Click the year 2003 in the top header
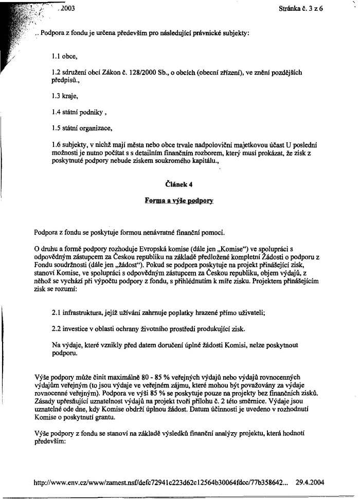point(67,8)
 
